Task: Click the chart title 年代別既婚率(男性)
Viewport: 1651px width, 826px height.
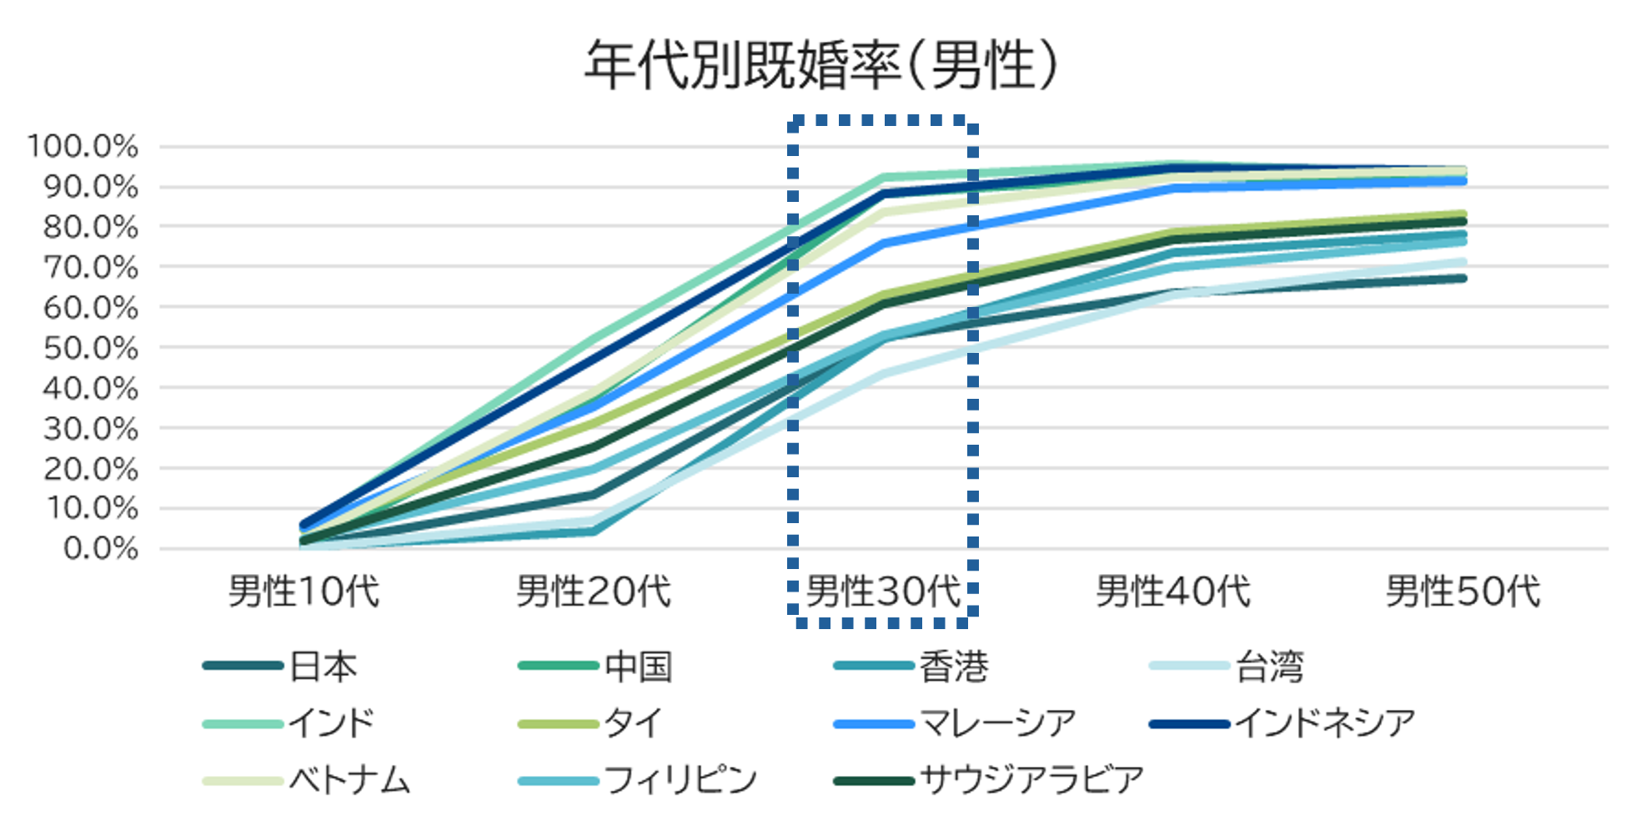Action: (821, 65)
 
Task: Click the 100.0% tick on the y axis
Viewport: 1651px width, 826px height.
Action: (83, 146)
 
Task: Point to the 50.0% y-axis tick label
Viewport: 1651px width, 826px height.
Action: (90, 348)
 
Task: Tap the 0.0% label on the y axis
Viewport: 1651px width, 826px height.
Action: (100, 548)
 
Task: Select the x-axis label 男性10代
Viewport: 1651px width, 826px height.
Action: (304, 592)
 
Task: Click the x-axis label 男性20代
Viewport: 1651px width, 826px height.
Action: (594, 592)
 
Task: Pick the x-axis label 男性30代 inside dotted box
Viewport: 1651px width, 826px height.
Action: (883, 592)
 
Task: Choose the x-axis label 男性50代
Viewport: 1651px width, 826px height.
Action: (1463, 592)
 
